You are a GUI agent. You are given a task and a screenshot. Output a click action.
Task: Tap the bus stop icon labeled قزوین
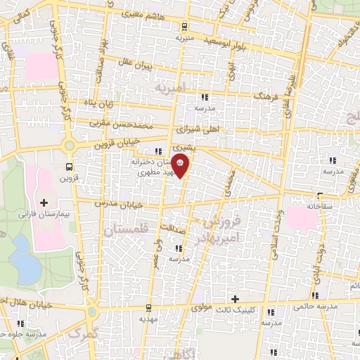[69, 167]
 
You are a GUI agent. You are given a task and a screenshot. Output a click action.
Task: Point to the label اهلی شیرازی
[200, 129]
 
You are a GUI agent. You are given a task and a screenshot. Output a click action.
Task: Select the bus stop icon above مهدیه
[148, 308]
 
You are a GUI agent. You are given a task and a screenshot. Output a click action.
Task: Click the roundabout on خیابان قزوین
[70, 146]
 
